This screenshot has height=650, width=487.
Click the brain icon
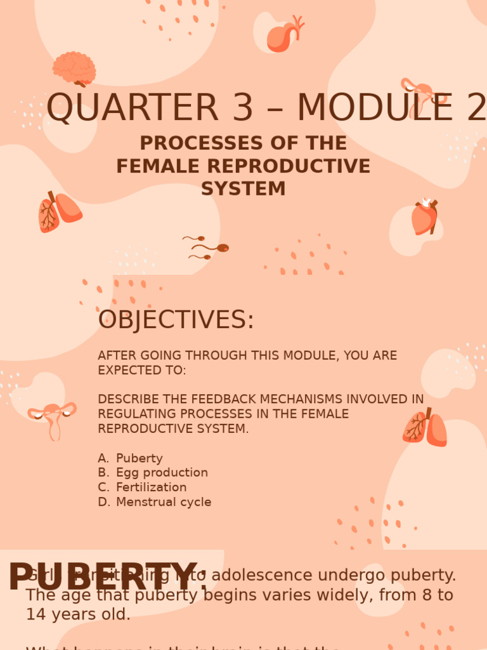74,68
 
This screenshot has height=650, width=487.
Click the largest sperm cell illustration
212,248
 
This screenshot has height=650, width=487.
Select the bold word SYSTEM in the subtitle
243,189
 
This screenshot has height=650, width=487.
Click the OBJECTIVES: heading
176,321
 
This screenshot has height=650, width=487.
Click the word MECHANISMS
304,399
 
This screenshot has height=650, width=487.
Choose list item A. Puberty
131,458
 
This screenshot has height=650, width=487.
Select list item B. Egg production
153,473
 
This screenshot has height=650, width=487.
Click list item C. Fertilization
143,487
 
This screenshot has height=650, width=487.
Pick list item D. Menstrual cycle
155,502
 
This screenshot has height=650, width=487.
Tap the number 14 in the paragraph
37,614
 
